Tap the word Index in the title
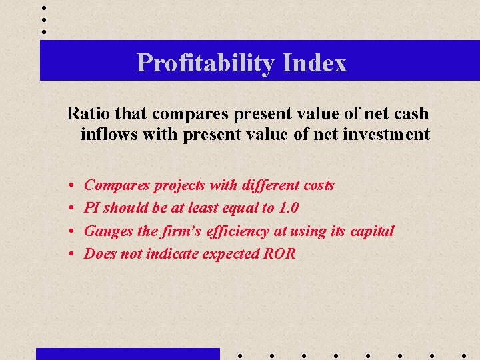315,63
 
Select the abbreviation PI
91,207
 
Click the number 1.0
288,207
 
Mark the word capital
369,231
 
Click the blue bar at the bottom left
127,353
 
